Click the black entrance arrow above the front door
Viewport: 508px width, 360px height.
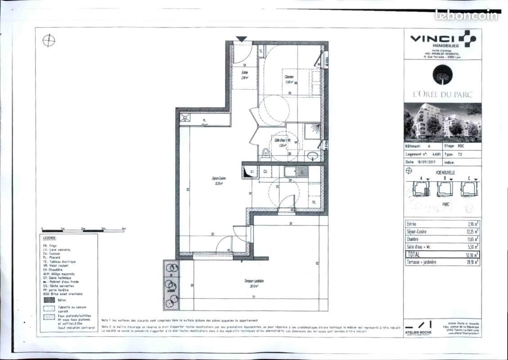coord(242,39)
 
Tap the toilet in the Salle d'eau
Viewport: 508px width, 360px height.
coord(265,153)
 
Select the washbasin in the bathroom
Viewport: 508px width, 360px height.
coord(313,156)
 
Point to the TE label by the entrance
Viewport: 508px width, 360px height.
coord(261,51)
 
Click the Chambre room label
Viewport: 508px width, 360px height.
coord(288,77)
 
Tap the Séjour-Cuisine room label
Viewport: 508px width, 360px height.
coord(219,178)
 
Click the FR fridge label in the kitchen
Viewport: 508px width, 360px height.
coord(314,203)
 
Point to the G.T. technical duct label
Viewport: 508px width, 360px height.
coord(252,171)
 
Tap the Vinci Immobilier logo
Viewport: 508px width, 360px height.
coord(443,40)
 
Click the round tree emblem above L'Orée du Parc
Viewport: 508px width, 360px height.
coord(443,74)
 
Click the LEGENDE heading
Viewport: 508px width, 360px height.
coord(49,238)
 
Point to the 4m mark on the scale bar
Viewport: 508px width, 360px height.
coord(124,229)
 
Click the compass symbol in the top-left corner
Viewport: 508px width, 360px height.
coord(49,40)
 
